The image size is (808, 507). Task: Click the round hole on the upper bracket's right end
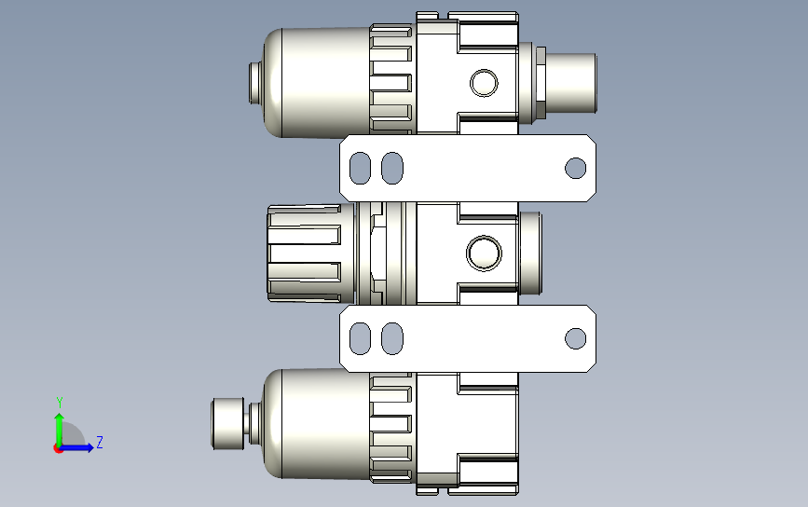[576, 168]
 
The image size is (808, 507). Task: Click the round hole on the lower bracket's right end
[576, 338]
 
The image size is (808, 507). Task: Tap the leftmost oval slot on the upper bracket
[361, 168]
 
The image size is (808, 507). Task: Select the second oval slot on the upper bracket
[392, 168]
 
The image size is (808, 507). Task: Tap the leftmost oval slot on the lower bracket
[361, 338]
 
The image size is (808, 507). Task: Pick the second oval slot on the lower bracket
[392, 338]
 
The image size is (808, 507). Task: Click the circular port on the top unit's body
[484, 83]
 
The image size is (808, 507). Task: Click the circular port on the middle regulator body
[484, 253]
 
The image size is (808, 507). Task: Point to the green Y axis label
[60, 403]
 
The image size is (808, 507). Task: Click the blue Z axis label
[100, 442]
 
